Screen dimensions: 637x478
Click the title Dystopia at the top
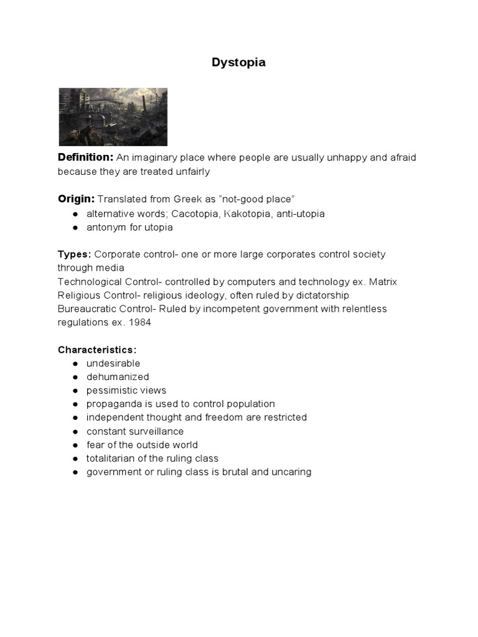[x=239, y=62]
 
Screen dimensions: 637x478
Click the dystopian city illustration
[x=113, y=116]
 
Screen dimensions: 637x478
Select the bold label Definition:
[x=85, y=157]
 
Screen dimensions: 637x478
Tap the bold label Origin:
[x=76, y=199]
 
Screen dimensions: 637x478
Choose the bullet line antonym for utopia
[x=129, y=227]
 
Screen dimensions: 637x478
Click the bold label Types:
[x=75, y=254]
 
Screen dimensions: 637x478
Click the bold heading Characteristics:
[x=97, y=350]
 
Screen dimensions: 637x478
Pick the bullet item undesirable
[x=113, y=363]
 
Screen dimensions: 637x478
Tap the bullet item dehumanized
[x=118, y=377]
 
